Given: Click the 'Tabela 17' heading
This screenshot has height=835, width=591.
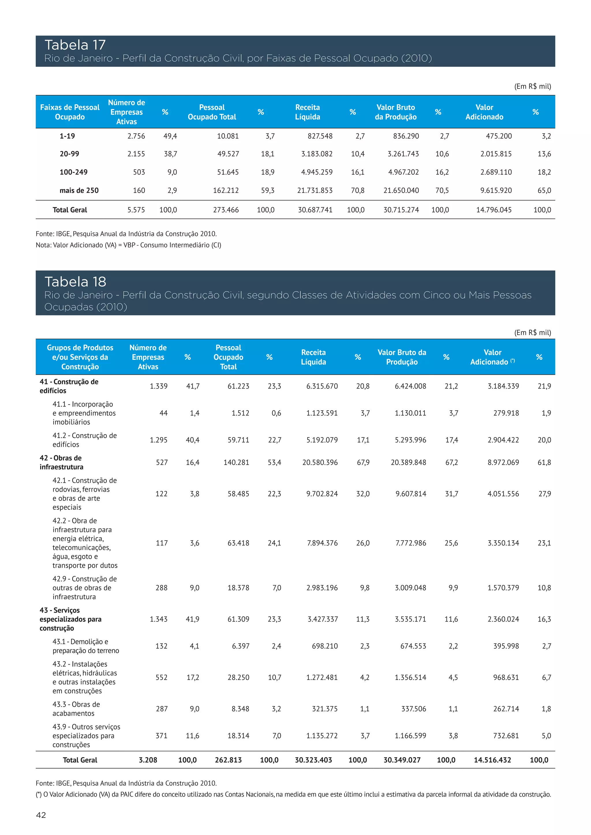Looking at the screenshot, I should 75,45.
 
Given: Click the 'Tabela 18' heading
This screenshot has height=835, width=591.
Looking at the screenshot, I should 75,282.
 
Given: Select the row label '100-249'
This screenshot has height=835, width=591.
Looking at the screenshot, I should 74,172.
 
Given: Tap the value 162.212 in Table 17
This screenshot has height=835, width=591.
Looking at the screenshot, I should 226,190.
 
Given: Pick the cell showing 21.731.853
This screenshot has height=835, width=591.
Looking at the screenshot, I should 315,190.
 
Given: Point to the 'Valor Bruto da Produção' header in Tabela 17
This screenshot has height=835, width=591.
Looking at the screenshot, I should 396,112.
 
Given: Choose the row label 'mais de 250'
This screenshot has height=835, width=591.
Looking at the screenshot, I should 79,190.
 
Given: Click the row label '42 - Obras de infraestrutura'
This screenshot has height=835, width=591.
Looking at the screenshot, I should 61,462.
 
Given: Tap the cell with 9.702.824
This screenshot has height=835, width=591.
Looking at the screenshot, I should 322,494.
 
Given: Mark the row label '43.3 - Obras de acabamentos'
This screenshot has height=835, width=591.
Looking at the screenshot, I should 76,709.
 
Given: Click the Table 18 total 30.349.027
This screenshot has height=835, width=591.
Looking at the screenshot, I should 402,760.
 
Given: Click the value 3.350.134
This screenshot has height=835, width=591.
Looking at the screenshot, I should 503,543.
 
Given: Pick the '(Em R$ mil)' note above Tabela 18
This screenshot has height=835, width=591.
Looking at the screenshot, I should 532,332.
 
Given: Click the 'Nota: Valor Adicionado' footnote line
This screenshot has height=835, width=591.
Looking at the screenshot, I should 128,245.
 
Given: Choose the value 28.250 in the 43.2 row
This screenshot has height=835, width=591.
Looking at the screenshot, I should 238,677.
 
